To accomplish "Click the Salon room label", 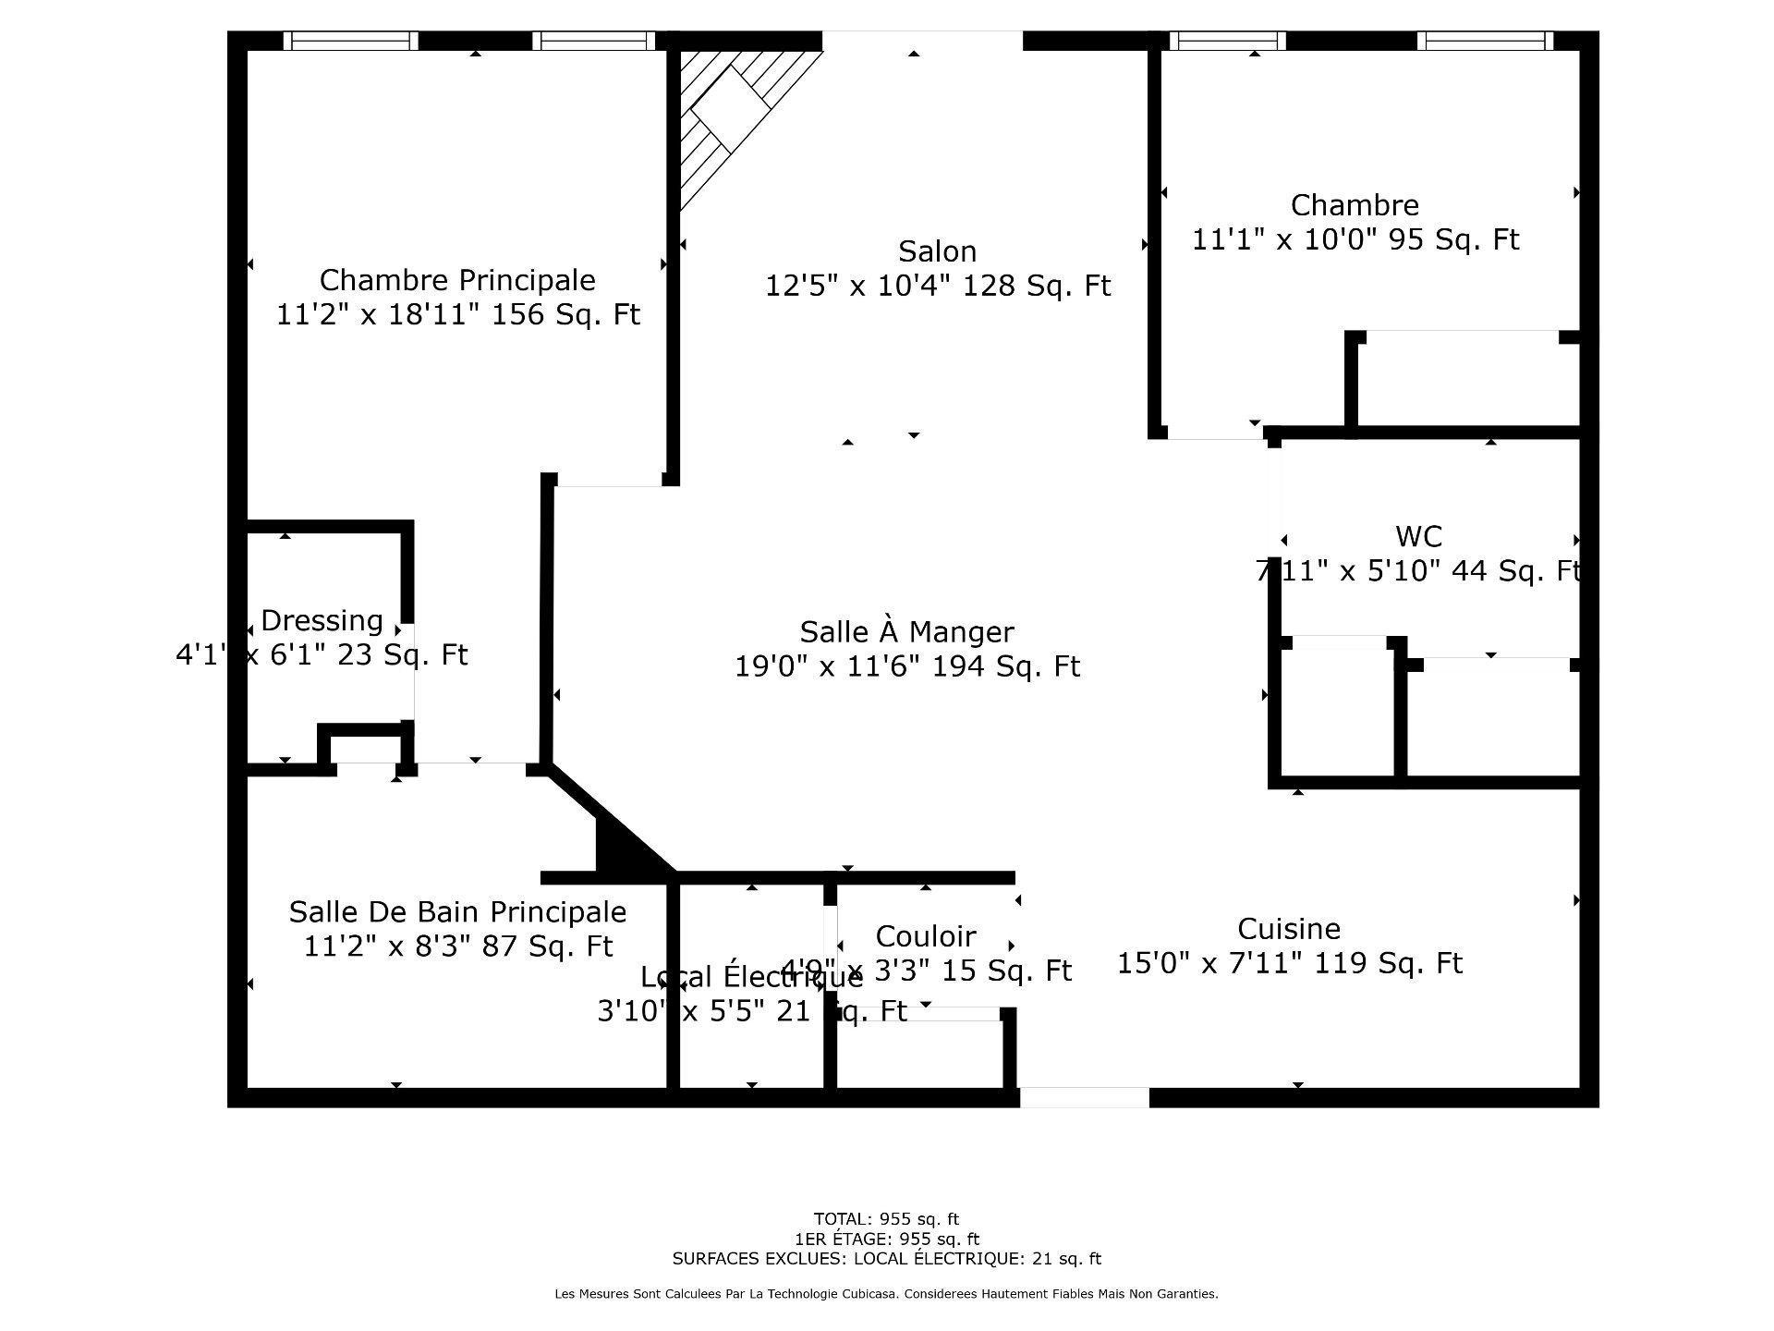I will coord(937,251).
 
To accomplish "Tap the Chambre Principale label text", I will coord(457,280).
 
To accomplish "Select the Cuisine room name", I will coord(1288,929).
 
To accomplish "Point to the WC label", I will coord(1418,537).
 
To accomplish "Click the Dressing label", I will coord(322,620).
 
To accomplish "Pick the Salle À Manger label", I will coord(906,632).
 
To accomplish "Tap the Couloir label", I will coord(925,936).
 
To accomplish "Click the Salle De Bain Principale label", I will coord(457,912).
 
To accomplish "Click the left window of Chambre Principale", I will coord(350,41).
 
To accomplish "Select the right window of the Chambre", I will coord(1485,41).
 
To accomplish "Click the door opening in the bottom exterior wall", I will coord(1084,1097).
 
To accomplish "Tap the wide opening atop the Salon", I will coord(922,41).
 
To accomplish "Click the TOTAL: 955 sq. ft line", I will coord(886,1219).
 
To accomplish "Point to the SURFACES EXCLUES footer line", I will coord(886,1259).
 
